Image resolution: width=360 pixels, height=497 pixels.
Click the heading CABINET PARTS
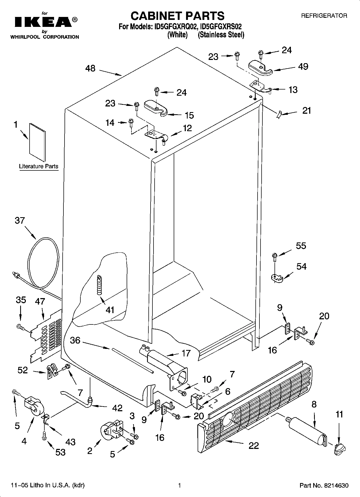pos(177,16)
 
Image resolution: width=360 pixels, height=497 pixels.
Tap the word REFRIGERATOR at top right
pos(324,16)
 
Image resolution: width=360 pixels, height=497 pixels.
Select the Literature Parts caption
pos(38,166)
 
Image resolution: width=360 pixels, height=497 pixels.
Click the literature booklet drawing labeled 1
pos(38,142)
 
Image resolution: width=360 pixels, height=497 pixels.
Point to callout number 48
pos(90,68)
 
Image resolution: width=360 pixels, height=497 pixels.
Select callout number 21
pos(306,110)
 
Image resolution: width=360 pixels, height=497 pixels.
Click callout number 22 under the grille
pos(253,445)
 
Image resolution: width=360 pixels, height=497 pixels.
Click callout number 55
pos(301,246)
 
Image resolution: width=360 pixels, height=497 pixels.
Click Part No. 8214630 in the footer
pos(324,485)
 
